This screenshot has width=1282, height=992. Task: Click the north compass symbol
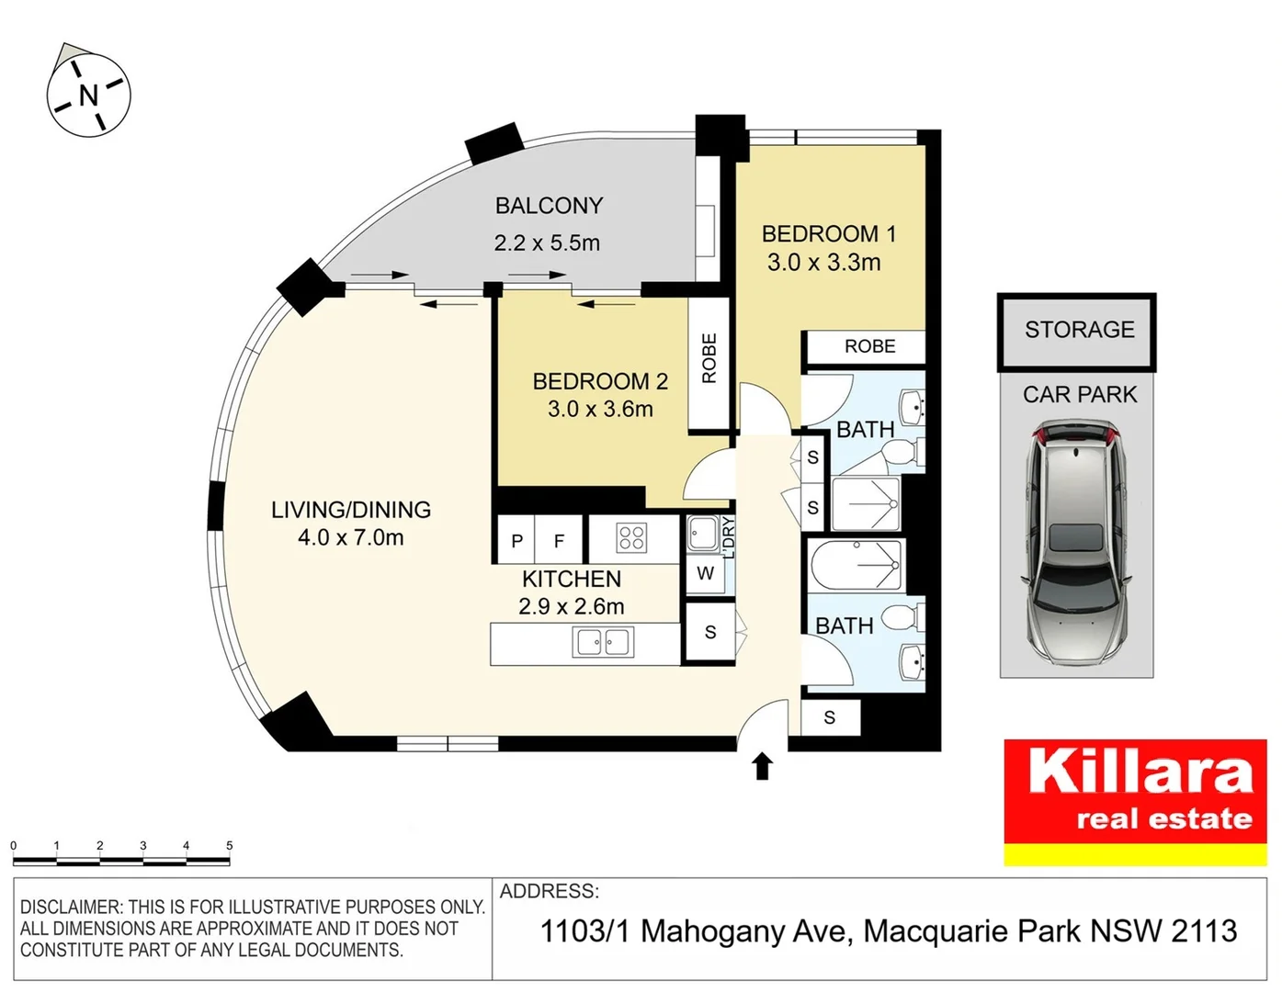pos(88,95)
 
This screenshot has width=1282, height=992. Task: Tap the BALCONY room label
pos(549,206)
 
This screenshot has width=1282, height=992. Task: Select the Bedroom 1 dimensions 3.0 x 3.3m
pos(823,263)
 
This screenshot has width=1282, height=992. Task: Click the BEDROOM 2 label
pos(600,381)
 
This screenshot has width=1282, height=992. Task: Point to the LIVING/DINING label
pos(350,510)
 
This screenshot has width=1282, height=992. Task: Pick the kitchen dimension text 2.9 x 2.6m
pos(571,607)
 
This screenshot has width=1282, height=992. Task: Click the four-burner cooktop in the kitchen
pos(631,537)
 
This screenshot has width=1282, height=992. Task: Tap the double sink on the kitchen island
pos(602,642)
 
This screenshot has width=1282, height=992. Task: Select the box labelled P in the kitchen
pos(516,541)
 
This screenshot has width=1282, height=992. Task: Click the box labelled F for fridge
pos(559,541)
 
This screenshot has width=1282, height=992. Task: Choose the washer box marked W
pos(705,574)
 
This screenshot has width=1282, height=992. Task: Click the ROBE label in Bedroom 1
pos(869,346)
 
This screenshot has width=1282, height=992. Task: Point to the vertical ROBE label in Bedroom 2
pos(709,358)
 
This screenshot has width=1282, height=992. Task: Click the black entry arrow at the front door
pos(762,766)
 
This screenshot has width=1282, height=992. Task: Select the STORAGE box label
pos(1079,330)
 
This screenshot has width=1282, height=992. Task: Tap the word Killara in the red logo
pos(1140,772)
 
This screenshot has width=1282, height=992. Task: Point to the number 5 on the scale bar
pos(229,845)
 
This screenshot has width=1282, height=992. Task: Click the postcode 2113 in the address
pos(1204,931)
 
